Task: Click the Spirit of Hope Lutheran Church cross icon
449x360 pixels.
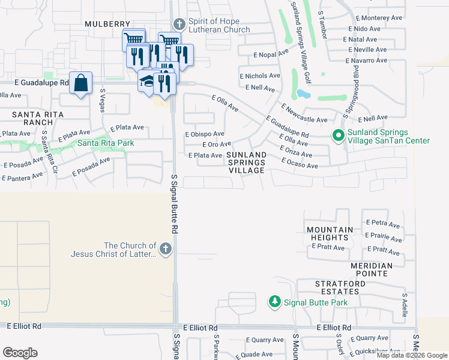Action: (179, 25)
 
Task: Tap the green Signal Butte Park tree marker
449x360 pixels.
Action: (274, 301)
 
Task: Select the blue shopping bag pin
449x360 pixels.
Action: (80, 83)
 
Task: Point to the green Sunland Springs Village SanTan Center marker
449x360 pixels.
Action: (338, 136)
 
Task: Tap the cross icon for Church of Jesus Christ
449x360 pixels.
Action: (166, 249)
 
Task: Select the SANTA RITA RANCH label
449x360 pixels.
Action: (35, 118)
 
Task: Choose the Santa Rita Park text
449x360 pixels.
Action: (105, 143)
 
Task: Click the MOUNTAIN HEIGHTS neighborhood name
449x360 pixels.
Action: (330, 234)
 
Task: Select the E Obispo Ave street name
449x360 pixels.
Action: (204, 134)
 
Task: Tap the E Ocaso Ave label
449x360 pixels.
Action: (299, 164)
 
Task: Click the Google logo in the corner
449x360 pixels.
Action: (20, 352)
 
